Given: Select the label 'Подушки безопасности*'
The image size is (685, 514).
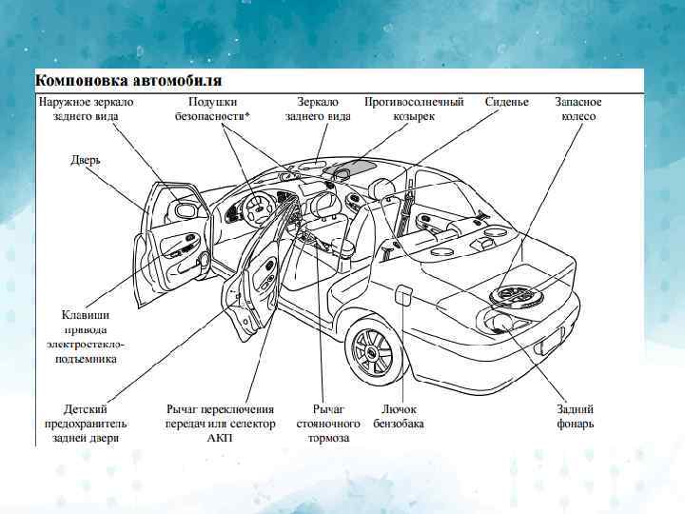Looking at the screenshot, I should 213,109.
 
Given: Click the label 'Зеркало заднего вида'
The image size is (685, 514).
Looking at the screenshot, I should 318,109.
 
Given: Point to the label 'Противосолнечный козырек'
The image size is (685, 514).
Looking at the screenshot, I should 414,109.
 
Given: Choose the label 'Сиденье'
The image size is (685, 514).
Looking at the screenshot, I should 506,101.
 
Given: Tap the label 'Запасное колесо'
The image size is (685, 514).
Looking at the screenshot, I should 578,109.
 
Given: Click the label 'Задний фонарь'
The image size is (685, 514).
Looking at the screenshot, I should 576,416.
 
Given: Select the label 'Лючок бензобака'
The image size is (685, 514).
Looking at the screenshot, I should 399,416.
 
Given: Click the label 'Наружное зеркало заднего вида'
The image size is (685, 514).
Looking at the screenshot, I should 86,109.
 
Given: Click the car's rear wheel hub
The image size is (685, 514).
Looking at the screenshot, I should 370,352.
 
